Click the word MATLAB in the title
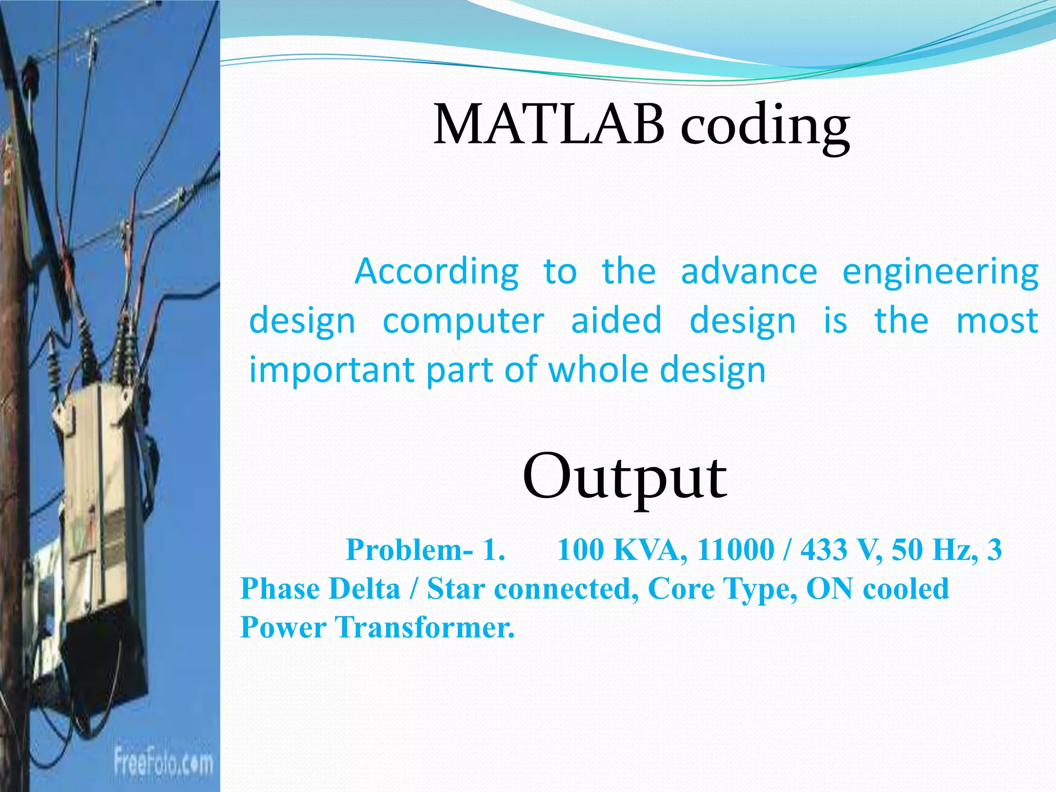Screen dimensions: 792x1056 (549, 125)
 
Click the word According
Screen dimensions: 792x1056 (437, 272)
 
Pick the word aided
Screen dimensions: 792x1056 (616, 320)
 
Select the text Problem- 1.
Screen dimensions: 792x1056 (425, 550)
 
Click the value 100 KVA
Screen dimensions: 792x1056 (622, 550)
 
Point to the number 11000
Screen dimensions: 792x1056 (736, 550)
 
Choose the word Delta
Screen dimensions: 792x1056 (364, 589)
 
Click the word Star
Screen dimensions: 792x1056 (456, 589)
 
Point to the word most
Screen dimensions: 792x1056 (997, 321)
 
